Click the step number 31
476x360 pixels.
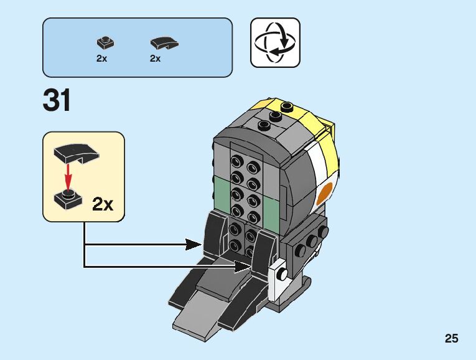click(57, 101)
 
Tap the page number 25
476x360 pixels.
click(451, 339)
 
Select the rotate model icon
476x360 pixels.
click(275, 42)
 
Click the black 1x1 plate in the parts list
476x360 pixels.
click(105, 43)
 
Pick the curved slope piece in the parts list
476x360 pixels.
click(164, 43)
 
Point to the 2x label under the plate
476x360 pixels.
click(101, 59)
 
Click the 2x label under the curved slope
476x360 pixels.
click(155, 59)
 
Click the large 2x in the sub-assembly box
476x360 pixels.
click(103, 204)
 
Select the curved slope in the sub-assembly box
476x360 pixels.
click(73, 152)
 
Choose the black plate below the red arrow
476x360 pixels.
click(68, 199)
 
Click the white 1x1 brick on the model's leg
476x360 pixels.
click(279, 273)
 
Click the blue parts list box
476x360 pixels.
click(137, 47)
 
